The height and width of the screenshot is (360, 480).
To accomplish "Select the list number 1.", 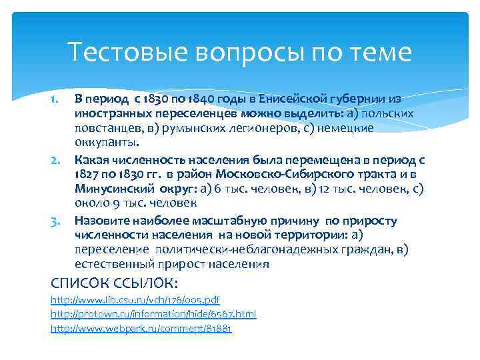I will tap(56, 99).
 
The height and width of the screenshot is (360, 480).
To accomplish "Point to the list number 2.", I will tap(56, 160).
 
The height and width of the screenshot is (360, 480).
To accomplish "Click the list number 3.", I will tap(56, 221).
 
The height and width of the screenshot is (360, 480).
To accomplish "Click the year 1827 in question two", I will tap(87, 175).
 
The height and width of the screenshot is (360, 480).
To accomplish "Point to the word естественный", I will tap(115, 265).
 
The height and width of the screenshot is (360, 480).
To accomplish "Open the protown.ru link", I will tap(153, 314).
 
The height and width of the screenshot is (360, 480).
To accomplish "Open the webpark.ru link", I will tap(141, 329).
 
